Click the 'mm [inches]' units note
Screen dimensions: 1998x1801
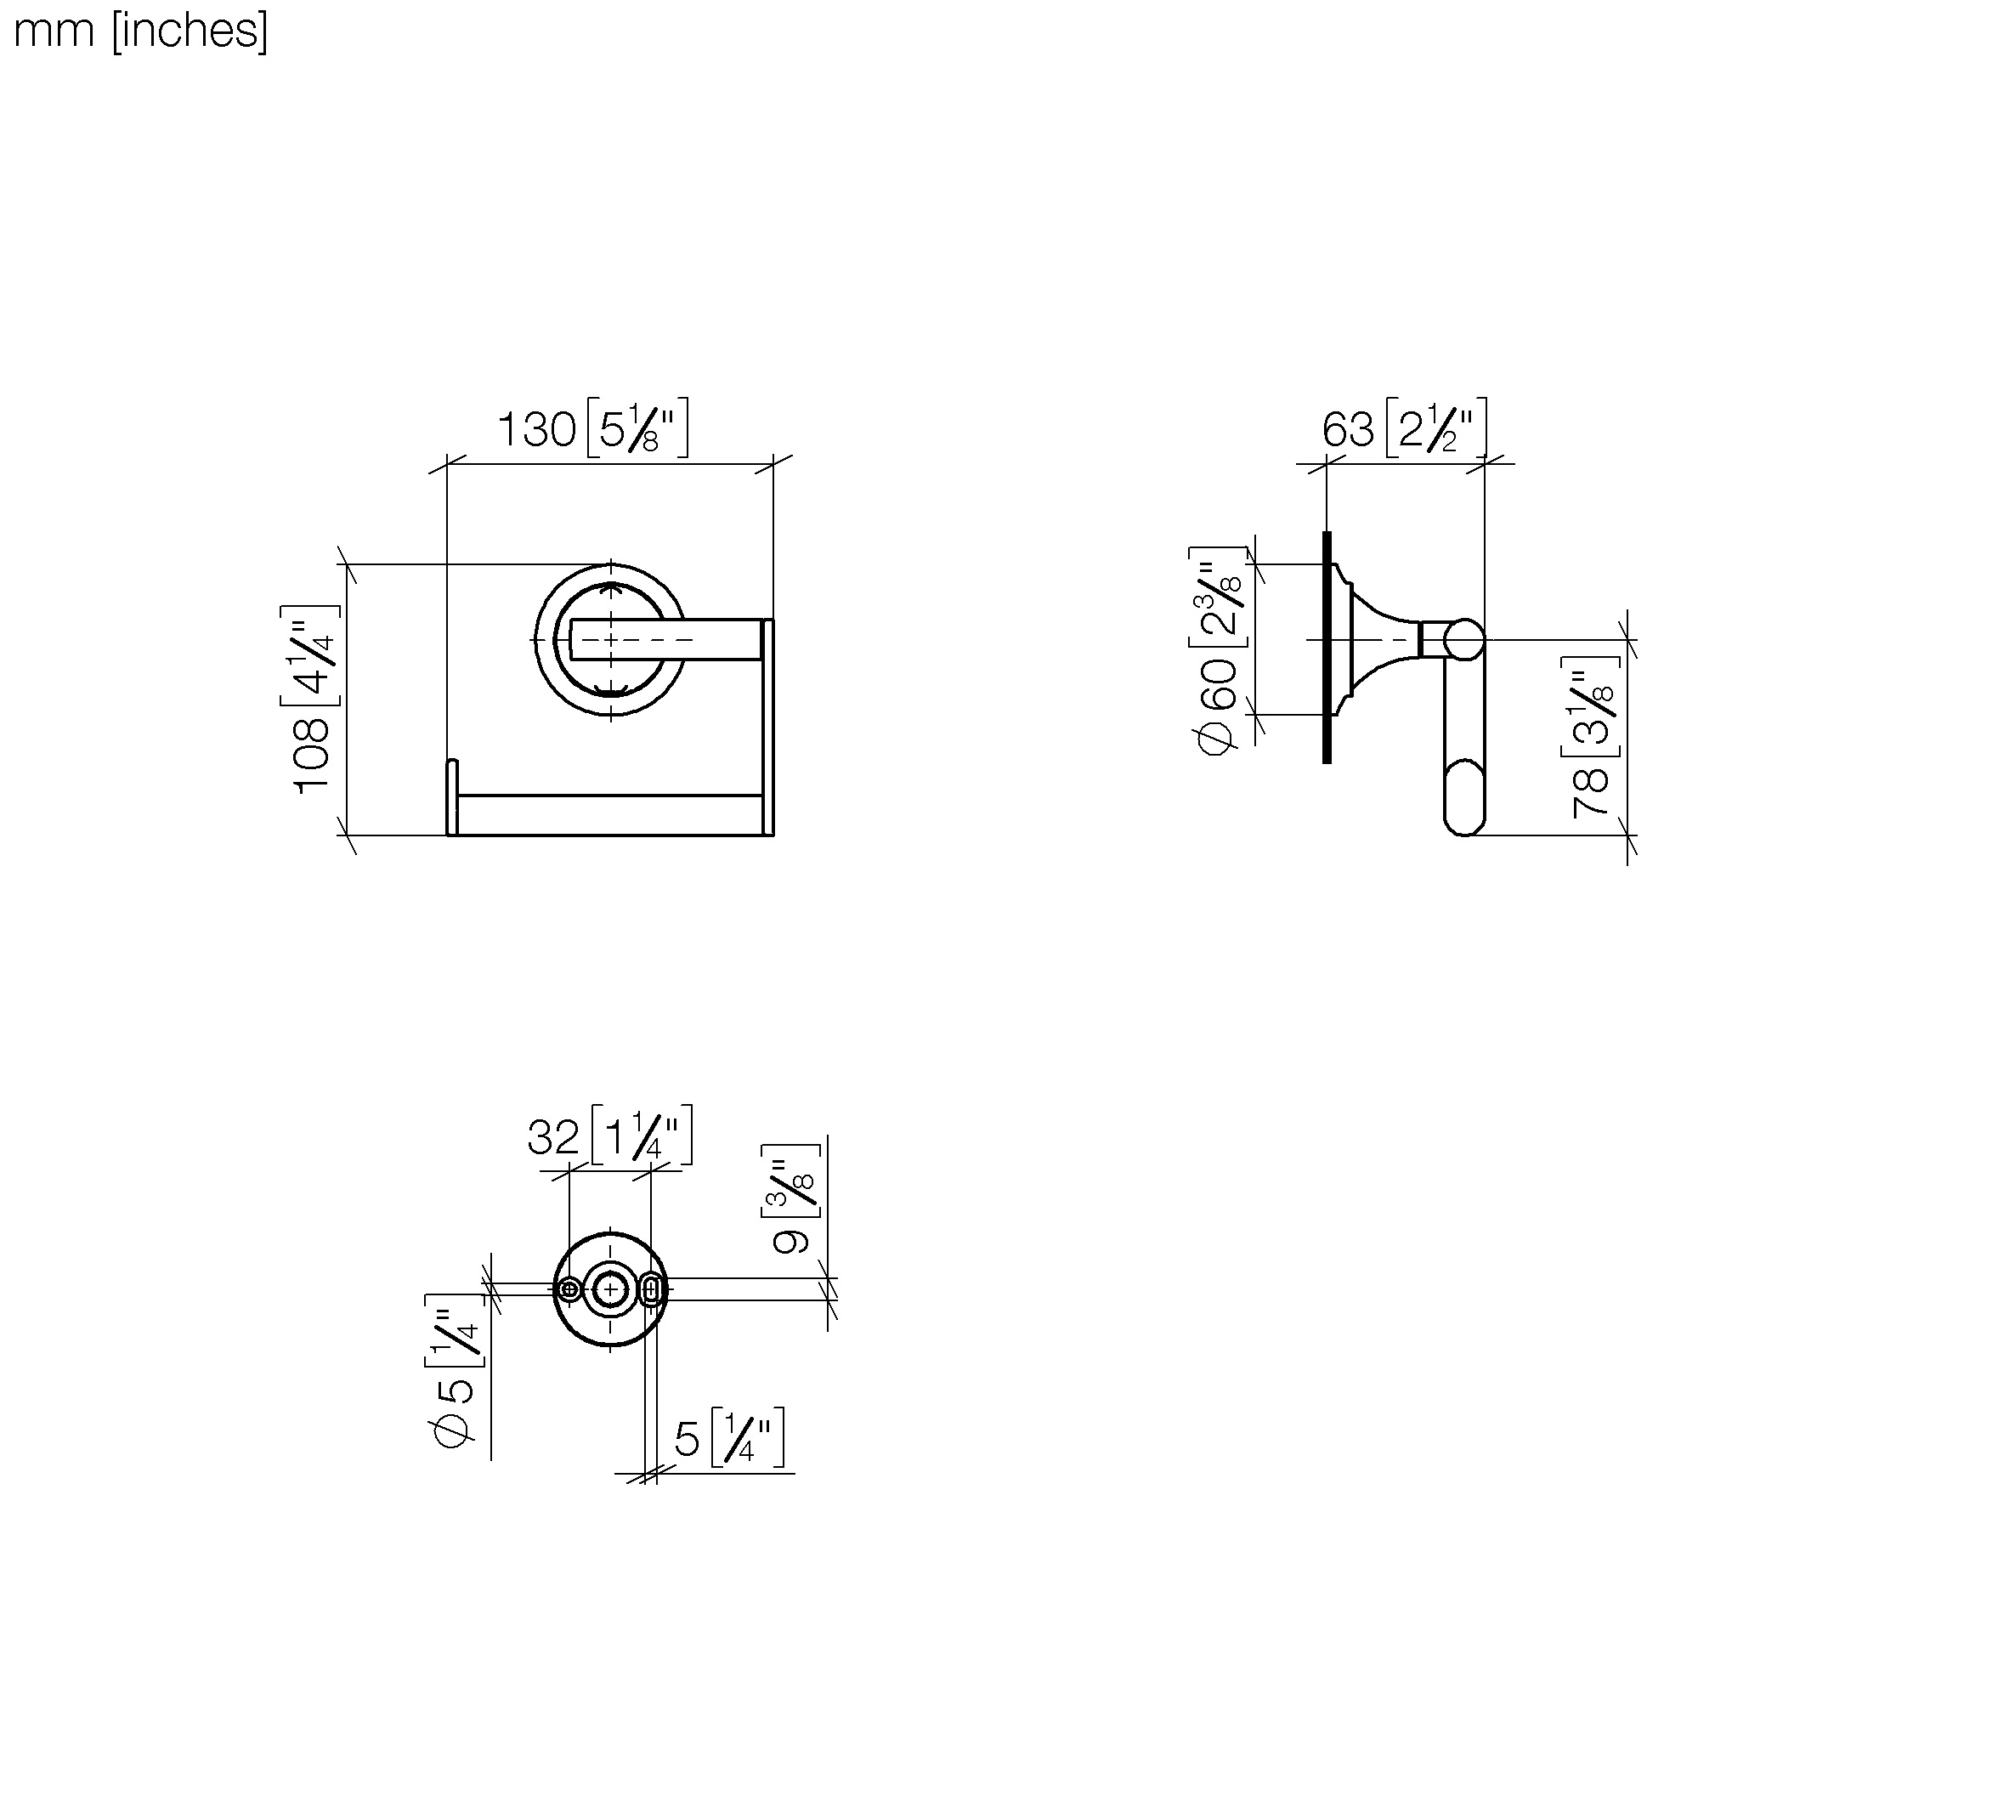point(139,31)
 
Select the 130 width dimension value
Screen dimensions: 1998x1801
point(536,429)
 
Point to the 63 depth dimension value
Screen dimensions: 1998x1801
point(1348,429)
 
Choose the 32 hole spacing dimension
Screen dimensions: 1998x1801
point(553,1137)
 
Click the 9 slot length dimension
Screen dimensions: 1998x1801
point(790,1241)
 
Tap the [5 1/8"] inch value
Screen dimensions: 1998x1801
point(637,428)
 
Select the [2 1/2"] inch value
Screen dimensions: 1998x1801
point(1435,428)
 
